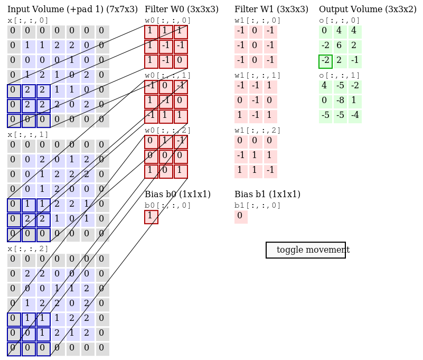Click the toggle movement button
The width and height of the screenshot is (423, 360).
coord(306,250)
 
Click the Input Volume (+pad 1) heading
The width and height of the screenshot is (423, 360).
coord(72,9)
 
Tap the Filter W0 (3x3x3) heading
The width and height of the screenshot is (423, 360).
coord(181,9)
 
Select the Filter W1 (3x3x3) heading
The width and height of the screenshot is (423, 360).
coord(271,9)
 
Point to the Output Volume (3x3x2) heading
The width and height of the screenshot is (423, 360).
coord(368,9)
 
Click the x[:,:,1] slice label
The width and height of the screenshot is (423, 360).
coord(28,134)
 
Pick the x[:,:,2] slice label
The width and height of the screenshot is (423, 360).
coord(28,248)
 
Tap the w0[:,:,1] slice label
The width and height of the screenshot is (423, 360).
coord(168,75)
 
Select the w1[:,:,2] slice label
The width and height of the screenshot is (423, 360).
coord(258,130)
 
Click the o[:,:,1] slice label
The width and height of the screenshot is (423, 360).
coord(340,75)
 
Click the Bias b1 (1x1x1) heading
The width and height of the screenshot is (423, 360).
coord(267,194)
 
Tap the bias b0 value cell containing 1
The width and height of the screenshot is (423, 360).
coord(151,217)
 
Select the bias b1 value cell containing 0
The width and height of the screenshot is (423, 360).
coord(241,217)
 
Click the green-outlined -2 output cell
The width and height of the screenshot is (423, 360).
coord(325,61)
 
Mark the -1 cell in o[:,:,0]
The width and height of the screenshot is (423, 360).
coord(355,61)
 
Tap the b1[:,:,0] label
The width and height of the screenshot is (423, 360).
coord(258,205)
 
